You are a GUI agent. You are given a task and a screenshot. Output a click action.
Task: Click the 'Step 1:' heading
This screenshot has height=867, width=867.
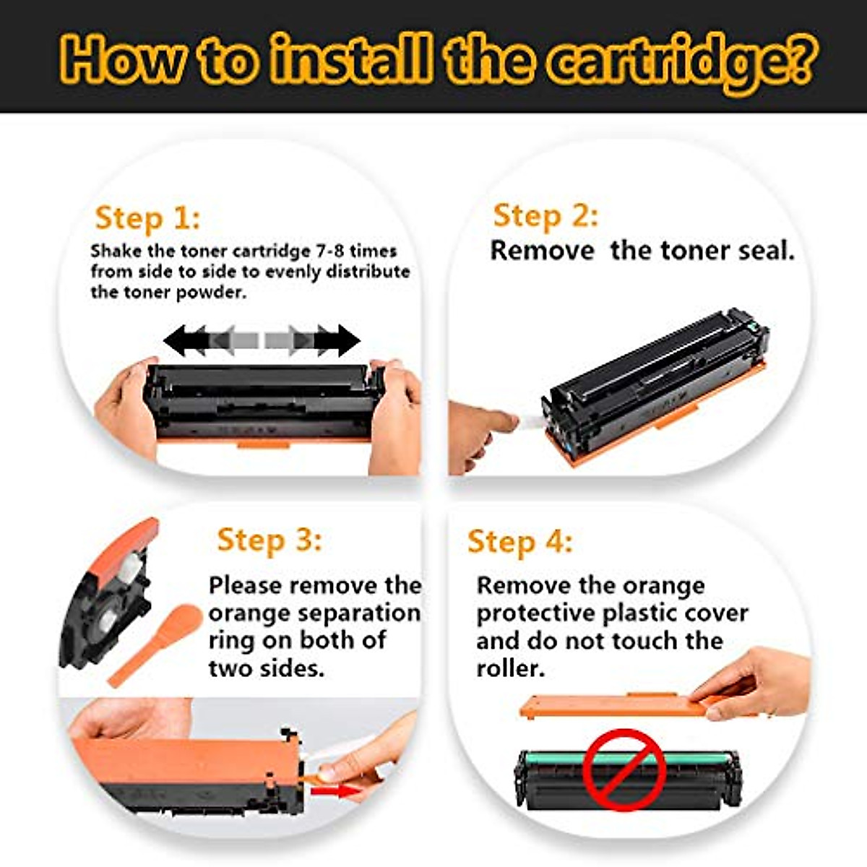(147, 218)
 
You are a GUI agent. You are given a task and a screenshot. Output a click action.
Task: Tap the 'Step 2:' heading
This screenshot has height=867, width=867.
(545, 216)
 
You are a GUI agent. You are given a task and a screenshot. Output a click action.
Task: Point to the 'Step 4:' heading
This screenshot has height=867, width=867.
(519, 542)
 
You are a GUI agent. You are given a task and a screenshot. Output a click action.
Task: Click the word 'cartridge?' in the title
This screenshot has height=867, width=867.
(679, 61)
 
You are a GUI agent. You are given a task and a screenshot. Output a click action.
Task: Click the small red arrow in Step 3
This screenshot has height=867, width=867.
(338, 792)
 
